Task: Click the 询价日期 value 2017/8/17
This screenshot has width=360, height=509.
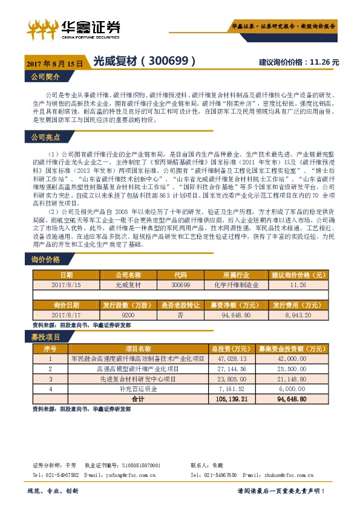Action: click(62, 316)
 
